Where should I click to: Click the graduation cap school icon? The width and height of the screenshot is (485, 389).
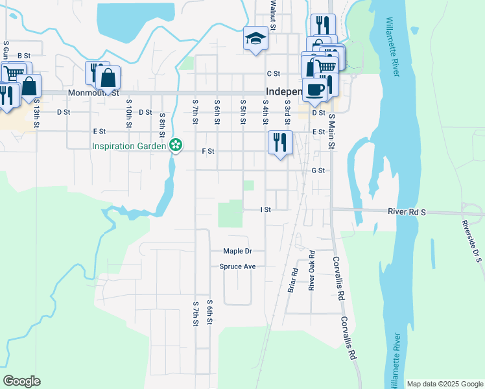point(255,39)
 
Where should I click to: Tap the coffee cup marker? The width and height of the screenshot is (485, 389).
point(314,89)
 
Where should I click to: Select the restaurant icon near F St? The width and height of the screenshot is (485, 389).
point(280,142)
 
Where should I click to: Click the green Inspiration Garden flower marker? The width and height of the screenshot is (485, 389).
point(175,146)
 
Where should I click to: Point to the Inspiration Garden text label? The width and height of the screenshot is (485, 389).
point(129,146)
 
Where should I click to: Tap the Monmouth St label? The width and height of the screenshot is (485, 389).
point(97,93)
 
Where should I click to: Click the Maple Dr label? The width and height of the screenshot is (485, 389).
point(237,251)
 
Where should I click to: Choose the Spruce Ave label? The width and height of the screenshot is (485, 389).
point(237,266)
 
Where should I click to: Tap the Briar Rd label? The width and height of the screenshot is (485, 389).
point(292,280)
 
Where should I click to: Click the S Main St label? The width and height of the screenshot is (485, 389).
point(331,132)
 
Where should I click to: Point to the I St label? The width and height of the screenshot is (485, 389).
point(265,210)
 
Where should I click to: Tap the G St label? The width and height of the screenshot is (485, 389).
point(317,171)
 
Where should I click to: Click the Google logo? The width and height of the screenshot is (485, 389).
point(21,381)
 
